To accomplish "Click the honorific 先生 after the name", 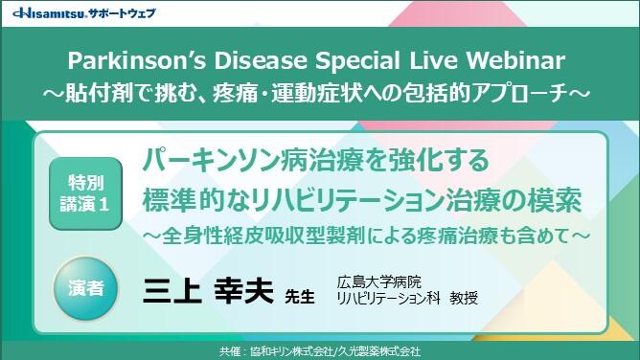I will pyautogui.click(x=300, y=296).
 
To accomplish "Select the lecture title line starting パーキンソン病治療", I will pyautogui.click(x=316, y=159).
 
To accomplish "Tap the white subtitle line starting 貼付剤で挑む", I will pyautogui.click(x=320, y=94).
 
